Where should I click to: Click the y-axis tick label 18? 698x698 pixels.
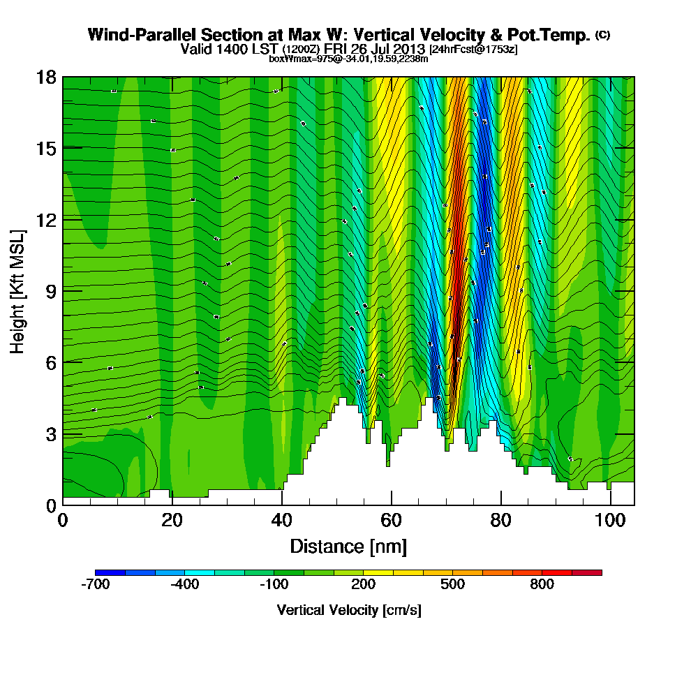pyautogui.click(x=46, y=77)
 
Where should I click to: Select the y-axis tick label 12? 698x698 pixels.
pyautogui.click(x=46, y=219)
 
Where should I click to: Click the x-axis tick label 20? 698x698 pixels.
pyautogui.click(x=172, y=521)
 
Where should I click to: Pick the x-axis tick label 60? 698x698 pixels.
pyautogui.click(x=391, y=521)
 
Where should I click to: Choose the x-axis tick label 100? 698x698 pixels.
pyautogui.click(x=611, y=521)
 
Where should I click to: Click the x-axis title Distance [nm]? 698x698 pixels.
pyautogui.click(x=348, y=546)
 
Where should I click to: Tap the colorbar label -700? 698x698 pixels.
pyautogui.click(x=95, y=585)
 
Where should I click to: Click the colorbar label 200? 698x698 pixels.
pyautogui.click(x=363, y=585)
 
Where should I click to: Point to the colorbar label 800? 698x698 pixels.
pyautogui.click(x=542, y=585)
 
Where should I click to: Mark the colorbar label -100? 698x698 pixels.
pyautogui.click(x=273, y=585)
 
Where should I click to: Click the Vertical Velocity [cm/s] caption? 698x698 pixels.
pyautogui.click(x=348, y=610)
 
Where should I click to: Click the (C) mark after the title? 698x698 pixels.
pyautogui.click(x=603, y=35)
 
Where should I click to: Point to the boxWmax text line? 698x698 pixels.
pyautogui.click(x=348, y=59)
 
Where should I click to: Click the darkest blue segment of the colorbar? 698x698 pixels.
pyautogui.click(x=110, y=572)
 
